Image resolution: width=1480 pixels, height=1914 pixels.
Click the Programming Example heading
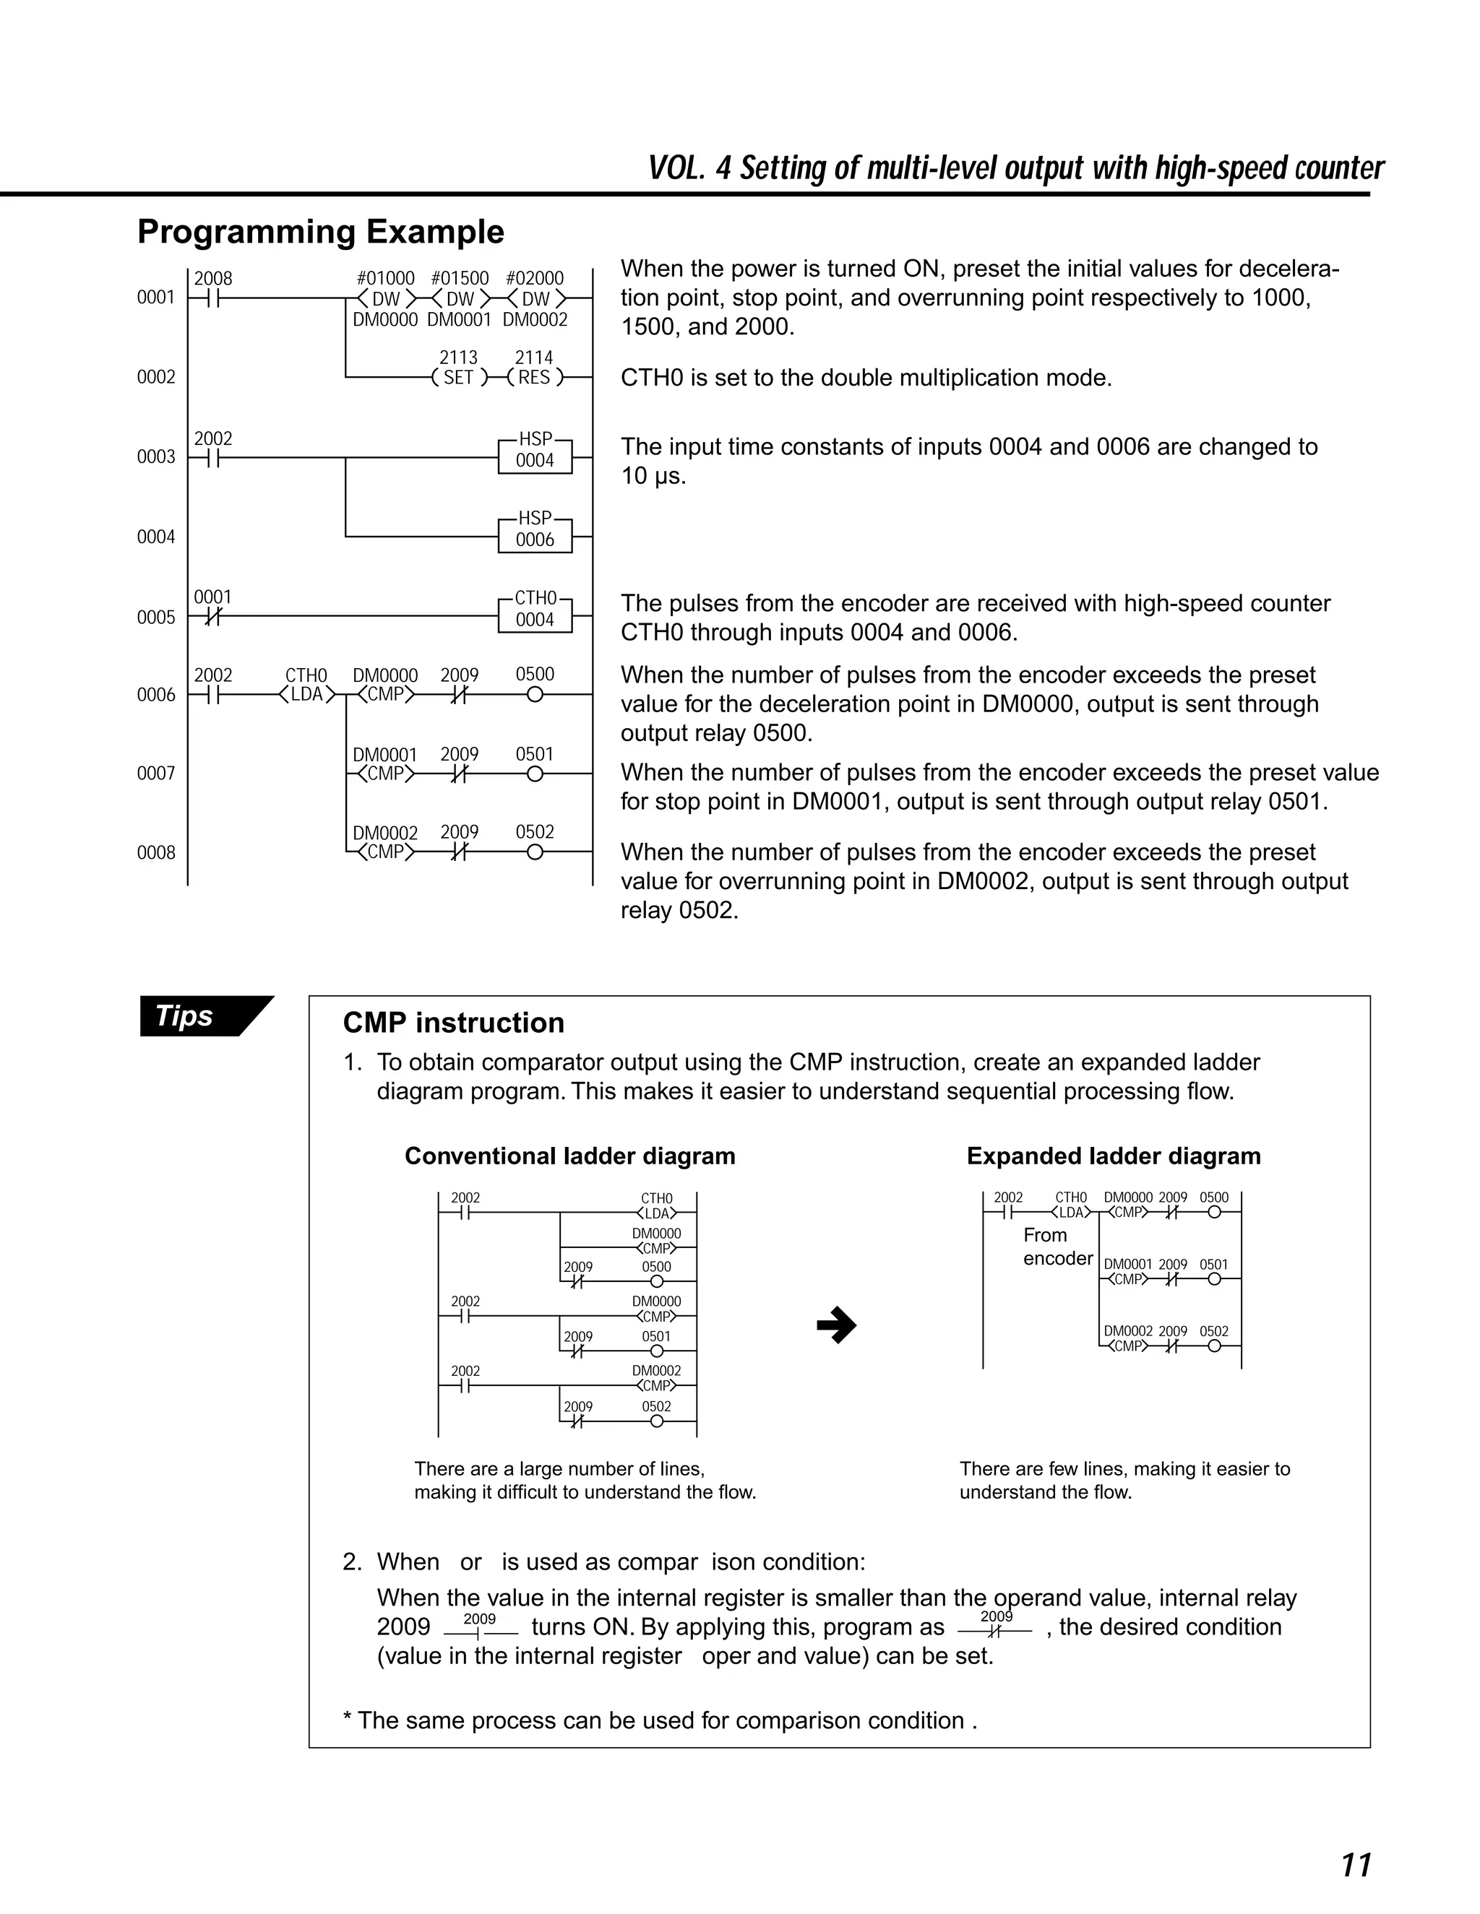pyautogui.click(x=321, y=233)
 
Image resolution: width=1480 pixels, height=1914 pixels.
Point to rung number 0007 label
pyautogui.click(x=156, y=774)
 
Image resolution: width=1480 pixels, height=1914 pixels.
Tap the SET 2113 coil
pyautogui.click(x=459, y=378)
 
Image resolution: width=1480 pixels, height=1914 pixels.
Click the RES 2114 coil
pyautogui.click(x=535, y=378)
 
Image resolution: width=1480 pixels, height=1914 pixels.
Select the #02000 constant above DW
pyautogui.click(x=535, y=279)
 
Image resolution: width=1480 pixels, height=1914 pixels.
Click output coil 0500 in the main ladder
pyautogui.click(x=535, y=695)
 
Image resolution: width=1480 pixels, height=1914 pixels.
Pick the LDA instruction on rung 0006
pyautogui.click(x=307, y=695)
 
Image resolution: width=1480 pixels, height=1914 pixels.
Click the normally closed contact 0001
pyautogui.click(x=211, y=617)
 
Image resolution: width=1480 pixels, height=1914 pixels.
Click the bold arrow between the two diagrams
pyautogui.click(x=836, y=1325)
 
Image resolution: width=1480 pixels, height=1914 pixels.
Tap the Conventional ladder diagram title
pyautogui.click(x=570, y=1156)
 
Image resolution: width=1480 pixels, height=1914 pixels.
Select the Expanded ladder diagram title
pyautogui.click(x=1114, y=1156)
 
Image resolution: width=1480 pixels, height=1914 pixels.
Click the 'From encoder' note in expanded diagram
pyautogui.click(x=1057, y=1246)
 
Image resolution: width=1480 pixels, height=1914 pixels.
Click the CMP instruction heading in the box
pyautogui.click(x=453, y=1023)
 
